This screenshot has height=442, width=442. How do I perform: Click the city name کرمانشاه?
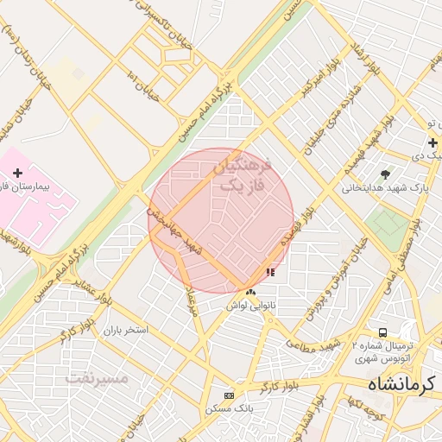click(403, 382)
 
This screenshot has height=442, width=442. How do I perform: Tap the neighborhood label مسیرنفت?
click(97, 378)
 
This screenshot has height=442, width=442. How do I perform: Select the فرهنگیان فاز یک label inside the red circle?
click(240, 174)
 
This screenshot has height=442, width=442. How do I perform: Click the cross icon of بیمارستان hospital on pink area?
click(17, 174)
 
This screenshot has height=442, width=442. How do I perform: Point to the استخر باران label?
click(126, 331)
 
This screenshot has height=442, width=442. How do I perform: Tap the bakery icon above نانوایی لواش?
click(251, 293)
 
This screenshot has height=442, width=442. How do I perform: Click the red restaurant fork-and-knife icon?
click(270, 272)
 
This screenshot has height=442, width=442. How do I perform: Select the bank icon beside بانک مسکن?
click(228, 395)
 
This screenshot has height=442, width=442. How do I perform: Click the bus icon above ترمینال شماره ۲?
click(382, 332)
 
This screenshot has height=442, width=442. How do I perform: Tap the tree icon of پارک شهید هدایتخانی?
click(385, 174)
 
